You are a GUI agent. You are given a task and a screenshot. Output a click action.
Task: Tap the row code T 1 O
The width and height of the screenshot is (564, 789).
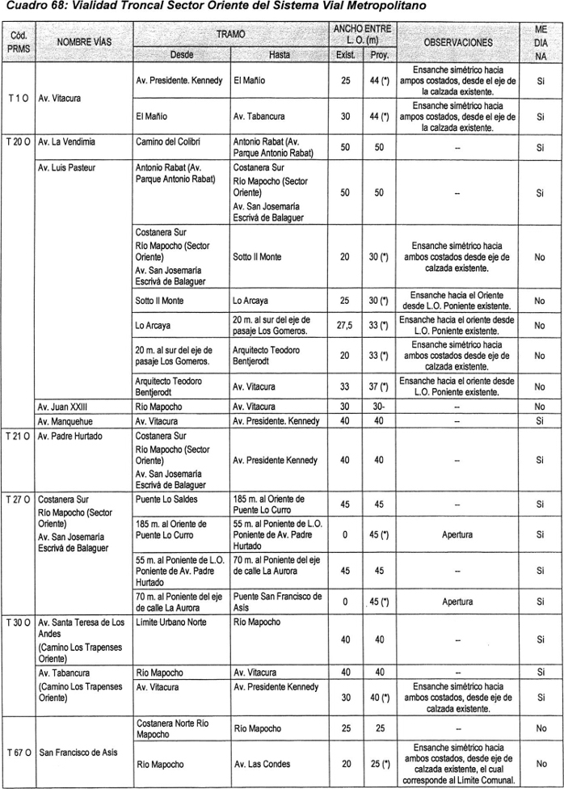click(18, 99)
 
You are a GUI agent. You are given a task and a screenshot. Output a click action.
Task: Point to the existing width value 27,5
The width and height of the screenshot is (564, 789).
click(345, 325)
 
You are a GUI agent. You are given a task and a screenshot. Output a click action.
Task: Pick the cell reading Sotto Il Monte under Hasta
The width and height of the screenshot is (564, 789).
click(257, 257)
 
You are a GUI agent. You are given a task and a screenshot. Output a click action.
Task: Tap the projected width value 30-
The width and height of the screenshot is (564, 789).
click(378, 407)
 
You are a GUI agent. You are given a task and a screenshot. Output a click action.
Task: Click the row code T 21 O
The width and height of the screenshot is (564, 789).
click(19, 436)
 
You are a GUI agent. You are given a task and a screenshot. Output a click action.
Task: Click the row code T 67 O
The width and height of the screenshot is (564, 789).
click(19, 752)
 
